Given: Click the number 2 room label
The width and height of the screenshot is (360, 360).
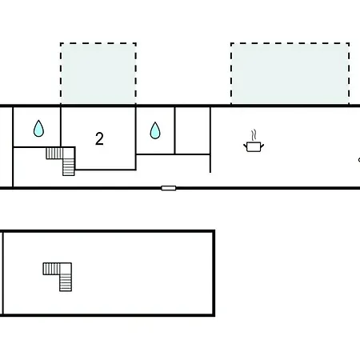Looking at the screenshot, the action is coord(99,138).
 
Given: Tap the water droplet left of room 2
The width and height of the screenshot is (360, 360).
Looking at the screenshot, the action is coord(38,129).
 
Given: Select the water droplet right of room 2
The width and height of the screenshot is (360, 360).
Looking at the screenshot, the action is coord(155,130).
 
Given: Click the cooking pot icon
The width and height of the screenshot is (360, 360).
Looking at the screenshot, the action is coord(254,146).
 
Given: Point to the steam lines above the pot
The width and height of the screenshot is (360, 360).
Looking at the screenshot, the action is coord(254,135).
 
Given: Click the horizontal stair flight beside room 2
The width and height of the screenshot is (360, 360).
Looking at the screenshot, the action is coord(54,154).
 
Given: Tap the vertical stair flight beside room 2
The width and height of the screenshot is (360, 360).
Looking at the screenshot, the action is coord(69,167).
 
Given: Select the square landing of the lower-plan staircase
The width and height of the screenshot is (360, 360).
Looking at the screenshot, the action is coord(66,269).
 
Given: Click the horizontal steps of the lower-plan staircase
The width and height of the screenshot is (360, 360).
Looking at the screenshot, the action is coord(51,269).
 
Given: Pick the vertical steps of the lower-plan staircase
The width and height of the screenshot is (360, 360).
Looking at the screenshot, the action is coord(66,283).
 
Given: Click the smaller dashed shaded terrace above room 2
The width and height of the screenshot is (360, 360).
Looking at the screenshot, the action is coord(98,74).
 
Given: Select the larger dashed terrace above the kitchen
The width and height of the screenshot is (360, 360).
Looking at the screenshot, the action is coord(290,74).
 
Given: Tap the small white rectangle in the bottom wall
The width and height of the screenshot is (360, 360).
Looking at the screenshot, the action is coord(169,188).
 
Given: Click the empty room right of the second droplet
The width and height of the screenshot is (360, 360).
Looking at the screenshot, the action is coord(193,130).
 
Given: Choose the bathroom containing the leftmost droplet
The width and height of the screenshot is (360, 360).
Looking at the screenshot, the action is coord(37,127).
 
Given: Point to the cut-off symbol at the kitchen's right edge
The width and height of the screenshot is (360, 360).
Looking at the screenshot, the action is coord(359,160).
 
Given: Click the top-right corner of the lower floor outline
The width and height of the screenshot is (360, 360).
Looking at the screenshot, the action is coord(214,231).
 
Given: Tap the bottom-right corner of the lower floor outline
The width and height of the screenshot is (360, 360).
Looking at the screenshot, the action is coord(214,315).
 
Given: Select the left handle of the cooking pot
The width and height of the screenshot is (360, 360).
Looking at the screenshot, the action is coord(245,146).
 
